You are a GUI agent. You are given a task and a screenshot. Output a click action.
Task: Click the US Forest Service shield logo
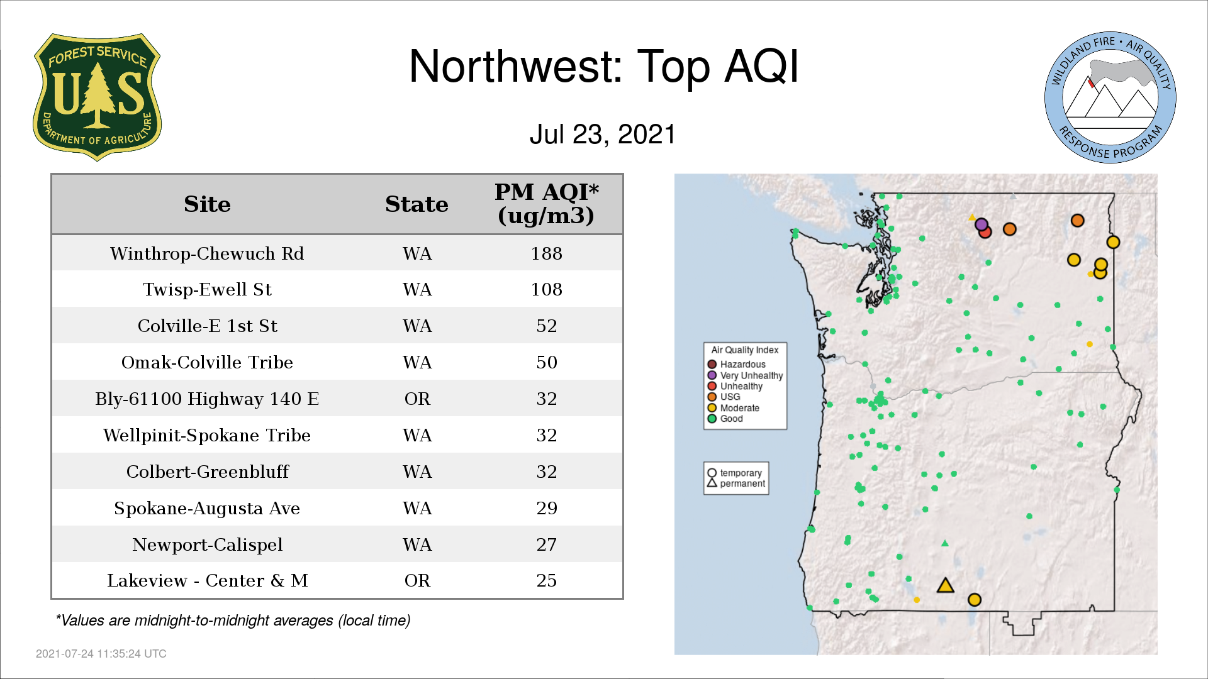pos(97,97)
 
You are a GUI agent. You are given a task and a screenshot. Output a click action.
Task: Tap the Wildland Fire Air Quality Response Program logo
pos(1110,97)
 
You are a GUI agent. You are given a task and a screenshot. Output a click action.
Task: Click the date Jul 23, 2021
pos(602,134)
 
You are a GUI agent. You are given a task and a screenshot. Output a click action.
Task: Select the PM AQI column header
pos(546,204)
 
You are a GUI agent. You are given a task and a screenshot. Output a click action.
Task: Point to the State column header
pos(417,204)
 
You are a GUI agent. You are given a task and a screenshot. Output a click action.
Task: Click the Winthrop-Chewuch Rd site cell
pos(207,253)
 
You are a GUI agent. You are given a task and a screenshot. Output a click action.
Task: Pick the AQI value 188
pos(546,253)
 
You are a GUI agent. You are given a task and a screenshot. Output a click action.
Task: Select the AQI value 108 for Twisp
pos(546,289)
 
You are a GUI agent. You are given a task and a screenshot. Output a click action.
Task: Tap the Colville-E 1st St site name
pos(207,326)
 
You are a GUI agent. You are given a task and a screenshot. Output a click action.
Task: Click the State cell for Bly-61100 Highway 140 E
pos(417,399)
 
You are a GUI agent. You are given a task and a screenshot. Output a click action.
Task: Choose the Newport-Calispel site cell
pos(207,544)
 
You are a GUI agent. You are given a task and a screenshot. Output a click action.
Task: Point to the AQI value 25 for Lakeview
pos(546,580)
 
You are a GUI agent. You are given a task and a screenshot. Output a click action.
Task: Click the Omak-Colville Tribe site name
pos(207,362)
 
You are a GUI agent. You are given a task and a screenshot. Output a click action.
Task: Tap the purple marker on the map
pos(981,224)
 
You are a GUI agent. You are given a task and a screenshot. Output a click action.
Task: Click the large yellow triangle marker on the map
pos(945,586)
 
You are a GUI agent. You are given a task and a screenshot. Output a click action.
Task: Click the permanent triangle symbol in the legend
pos(712,483)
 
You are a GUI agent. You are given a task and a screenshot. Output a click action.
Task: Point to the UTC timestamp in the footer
pos(101,654)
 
